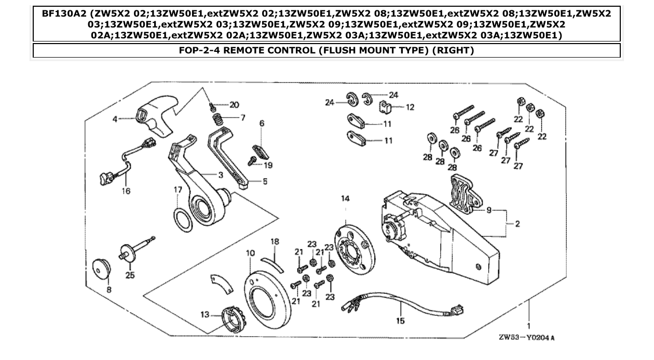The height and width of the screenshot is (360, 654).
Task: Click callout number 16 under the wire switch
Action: (126, 191)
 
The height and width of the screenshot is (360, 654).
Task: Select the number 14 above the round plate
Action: (345, 199)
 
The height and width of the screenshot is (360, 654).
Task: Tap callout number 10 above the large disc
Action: (251, 253)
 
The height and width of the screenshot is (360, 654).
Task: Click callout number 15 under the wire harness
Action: (400, 321)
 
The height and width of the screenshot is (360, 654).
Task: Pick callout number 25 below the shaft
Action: (130, 275)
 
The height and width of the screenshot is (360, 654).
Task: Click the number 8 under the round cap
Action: (108, 290)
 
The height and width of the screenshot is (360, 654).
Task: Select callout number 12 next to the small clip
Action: (410, 107)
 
